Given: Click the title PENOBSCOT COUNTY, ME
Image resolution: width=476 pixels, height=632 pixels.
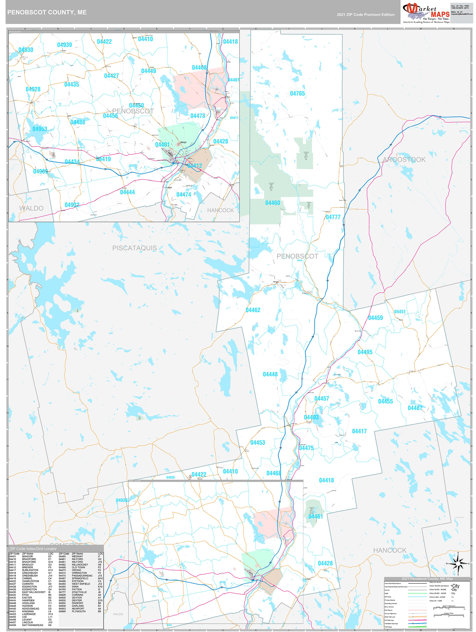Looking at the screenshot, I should [x=47, y=12].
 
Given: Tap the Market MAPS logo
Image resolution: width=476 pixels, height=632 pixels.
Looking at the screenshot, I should [x=426, y=13].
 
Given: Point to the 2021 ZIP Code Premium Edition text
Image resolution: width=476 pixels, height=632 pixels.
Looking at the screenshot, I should [x=365, y=15].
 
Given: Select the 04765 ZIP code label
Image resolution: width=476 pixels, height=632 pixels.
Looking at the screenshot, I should [x=297, y=93].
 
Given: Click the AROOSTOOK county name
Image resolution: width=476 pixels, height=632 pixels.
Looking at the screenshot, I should [x=404, y=159].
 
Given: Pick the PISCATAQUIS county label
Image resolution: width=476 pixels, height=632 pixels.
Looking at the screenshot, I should [x=134, y=248].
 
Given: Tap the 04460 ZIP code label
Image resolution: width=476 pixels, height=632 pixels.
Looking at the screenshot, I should [x=273, y=203].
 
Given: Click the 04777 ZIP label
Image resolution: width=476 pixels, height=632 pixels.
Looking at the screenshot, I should [x=333, y=217].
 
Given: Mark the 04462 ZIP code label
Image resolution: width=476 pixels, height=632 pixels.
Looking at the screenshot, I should [x=253, y=310].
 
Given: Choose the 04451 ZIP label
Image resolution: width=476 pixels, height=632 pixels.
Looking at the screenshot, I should [x=400, y=312].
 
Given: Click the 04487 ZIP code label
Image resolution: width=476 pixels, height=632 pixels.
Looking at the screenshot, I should [x=415, y=408].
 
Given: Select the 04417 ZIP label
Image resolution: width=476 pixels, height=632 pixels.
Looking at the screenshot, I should [x=359, y=431].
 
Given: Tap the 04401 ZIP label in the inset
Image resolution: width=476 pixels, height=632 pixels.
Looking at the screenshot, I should [x=162, y=145].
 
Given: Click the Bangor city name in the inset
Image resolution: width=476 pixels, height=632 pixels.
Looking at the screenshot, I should [x=184, y=142].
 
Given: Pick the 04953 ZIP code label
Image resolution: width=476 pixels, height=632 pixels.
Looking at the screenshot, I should [x=40, y=129].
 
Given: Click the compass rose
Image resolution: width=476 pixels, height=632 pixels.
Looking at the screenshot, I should [x=458, y=564].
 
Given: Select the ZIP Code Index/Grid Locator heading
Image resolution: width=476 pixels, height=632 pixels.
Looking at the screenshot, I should [x=33, y=549].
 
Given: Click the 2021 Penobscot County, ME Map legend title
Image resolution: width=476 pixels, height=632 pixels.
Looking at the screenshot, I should [x=427, y=579].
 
